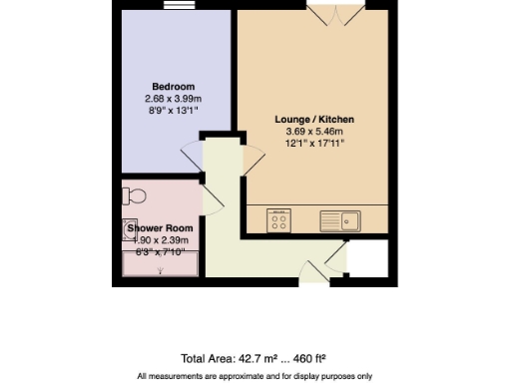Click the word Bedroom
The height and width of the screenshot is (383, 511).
click(x=173, y=85)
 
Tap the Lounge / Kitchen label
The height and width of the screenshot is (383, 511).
click(x=314, y=119)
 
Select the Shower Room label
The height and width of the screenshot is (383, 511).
click(x=160, y=228)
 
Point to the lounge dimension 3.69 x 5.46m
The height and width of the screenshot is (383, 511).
click(x=314, y=132)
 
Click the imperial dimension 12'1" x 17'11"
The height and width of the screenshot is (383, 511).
click(x=314, y=144)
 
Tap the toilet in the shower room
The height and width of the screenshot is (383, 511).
click(x=132, y=193)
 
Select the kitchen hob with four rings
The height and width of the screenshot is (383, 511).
click(x=277, y=219)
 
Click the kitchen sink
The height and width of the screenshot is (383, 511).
click(x=339, y=219)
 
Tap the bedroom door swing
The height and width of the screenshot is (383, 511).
click(x=190, y=156)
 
